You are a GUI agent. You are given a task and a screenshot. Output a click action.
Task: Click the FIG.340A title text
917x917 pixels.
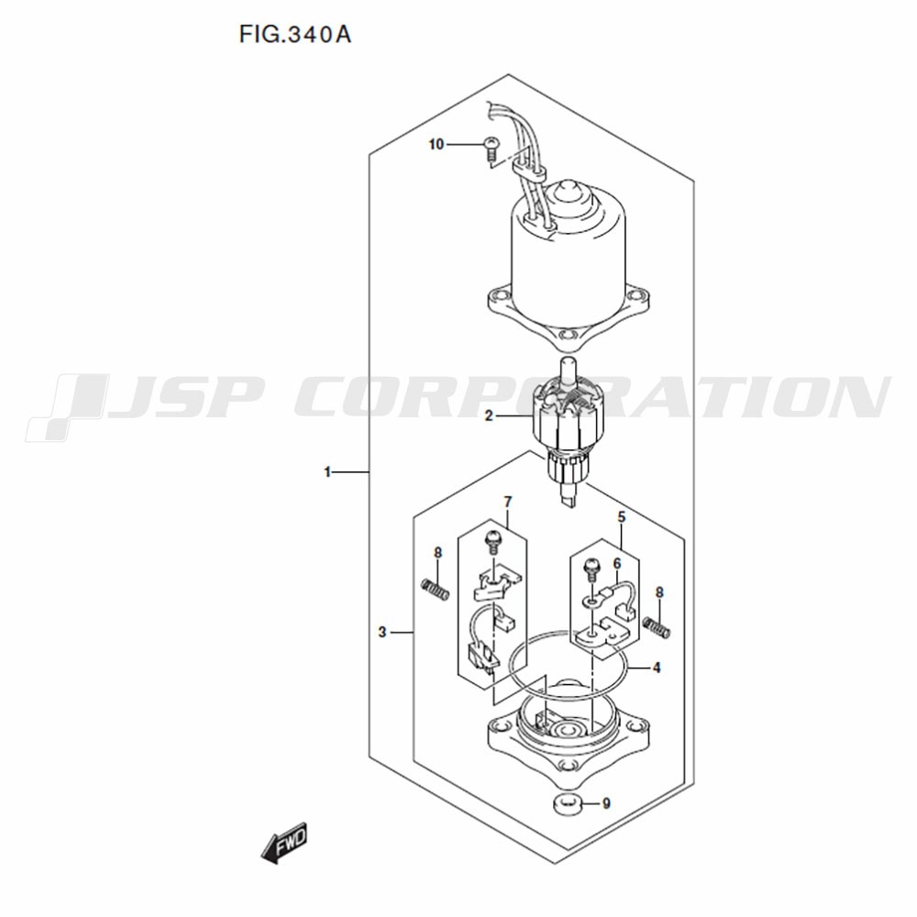click(294, 35)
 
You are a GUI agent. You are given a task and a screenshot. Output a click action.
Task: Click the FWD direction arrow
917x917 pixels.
click(283, 845)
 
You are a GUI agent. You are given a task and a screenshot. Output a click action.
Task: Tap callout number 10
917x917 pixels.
click(436, 144)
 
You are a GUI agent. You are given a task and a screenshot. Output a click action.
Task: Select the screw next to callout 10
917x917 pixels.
click(492, 149)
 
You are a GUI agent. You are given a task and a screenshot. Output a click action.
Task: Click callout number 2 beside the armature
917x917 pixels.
click(489, 416)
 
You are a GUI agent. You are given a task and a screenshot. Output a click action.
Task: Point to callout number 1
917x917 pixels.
click(328, 471)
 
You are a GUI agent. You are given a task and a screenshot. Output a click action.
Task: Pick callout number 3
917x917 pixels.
click(382, 632)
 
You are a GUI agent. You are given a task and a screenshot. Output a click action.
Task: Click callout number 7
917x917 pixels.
click(508, 502)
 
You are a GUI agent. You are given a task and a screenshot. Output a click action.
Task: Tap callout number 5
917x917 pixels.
click(622, 517)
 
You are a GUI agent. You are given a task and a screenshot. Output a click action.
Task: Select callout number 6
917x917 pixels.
click(617, 563)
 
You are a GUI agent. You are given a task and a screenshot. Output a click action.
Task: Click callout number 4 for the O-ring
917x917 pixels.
click(657, 668)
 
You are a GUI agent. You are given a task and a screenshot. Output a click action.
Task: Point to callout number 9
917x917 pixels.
click(606, 803)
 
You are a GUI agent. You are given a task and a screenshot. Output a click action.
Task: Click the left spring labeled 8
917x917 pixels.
click(435, 589)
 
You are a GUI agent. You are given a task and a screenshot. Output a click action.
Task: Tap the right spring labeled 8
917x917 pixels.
click(657, 627)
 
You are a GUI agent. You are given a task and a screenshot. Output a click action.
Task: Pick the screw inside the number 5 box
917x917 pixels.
click(591, 570)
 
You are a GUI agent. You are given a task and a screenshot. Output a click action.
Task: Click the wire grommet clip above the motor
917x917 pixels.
click(529, 171)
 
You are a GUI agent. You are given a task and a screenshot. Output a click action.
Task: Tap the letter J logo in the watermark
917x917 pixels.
click(67, 407)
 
